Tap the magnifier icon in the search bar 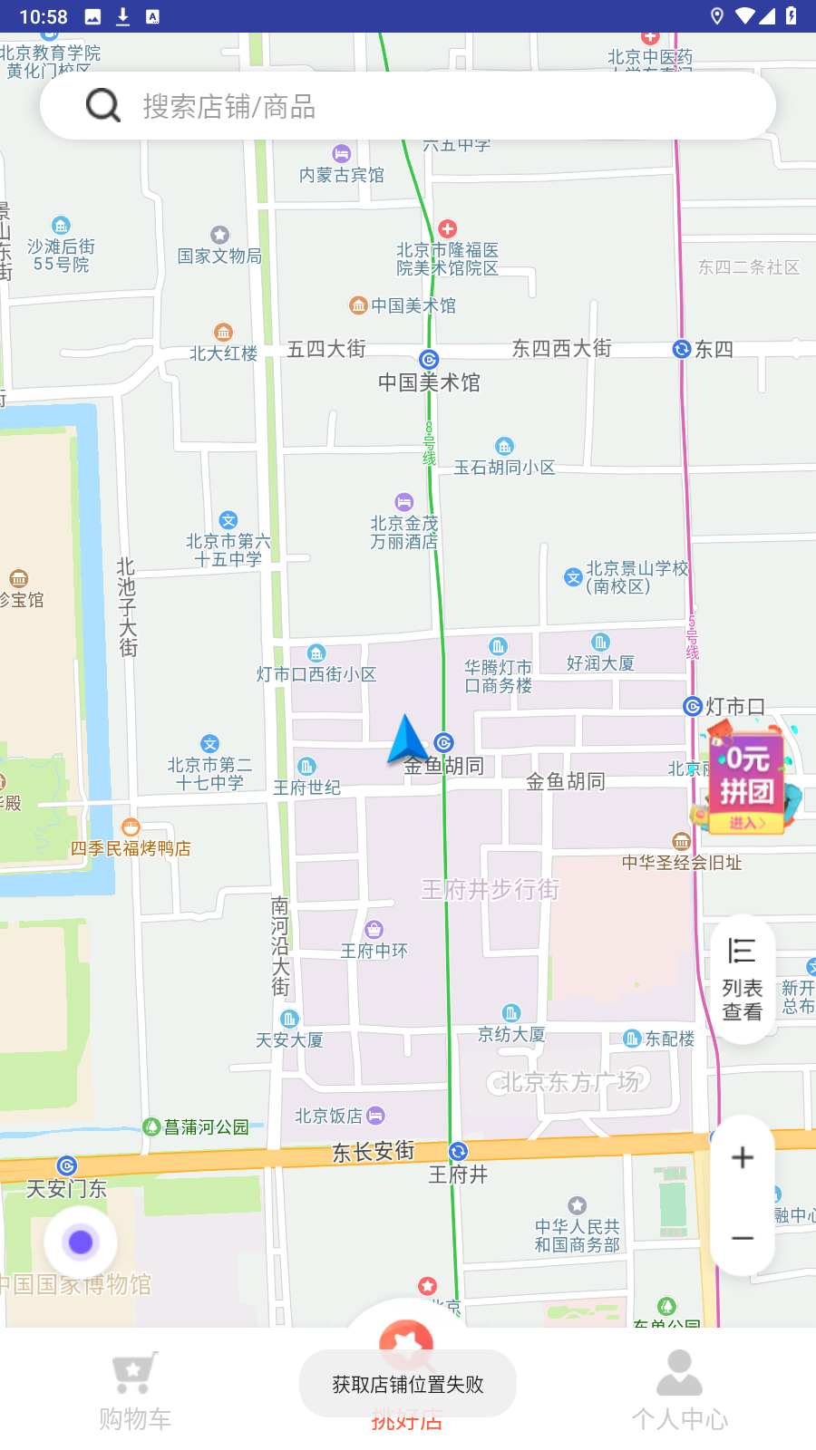tap(103, 105)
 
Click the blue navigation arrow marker tap(406, 739)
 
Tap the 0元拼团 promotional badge tap(746, 778)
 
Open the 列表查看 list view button tap(743, 980)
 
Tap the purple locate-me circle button tap(81, 1242)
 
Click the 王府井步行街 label tap(490, 889)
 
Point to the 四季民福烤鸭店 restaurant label tap(131, 847)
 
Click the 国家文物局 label tap(219, 256)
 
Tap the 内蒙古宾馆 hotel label tap(342, 174)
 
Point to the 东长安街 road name tap(373, 1151)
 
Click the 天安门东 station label tap(66, 1187)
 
